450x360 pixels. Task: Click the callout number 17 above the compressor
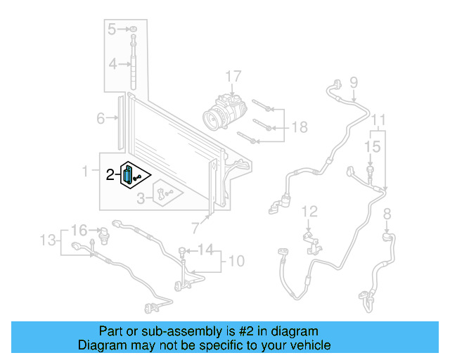click(233, 76)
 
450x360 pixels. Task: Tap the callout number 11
click(379, 119)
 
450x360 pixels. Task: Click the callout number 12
click(310, 211)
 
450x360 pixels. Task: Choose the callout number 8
click(386, 214)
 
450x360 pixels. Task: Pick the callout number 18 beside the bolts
click(300, 128)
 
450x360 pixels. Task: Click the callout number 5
click(112, 29)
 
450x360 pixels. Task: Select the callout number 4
click(112, 65)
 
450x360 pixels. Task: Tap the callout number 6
click(101, 118)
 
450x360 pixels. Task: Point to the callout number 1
click(86, 171)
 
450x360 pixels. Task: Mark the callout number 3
click(141, 199)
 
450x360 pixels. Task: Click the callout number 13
click(47, 240)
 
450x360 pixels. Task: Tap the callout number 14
click(205, 250)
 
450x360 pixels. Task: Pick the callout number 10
click(236, 262)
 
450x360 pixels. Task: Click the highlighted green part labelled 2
click(129, 175)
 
